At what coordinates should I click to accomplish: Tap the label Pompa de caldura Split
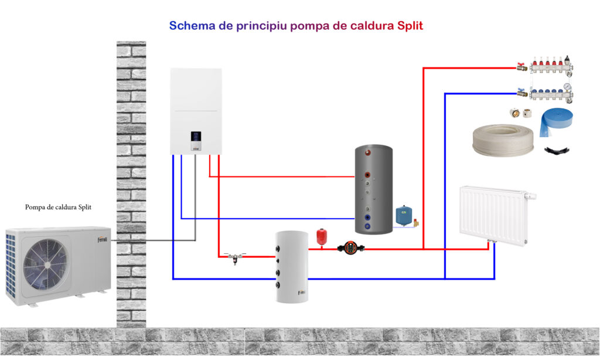coord(58,207)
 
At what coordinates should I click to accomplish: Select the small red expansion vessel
coord(321,236)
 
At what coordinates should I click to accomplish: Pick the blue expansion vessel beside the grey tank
coord(403,215)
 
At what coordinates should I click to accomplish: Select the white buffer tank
coord(292,266)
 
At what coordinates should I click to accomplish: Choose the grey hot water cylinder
coord(373,189)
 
